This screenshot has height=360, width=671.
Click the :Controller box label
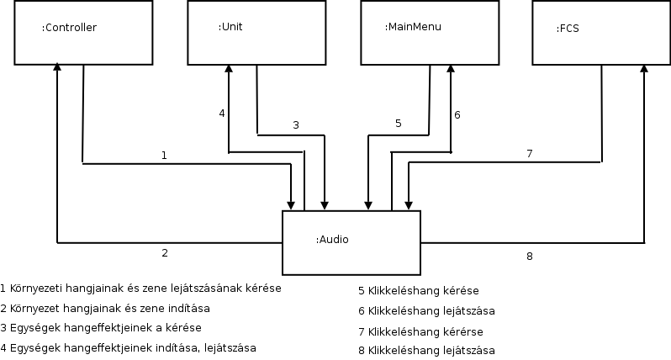70,28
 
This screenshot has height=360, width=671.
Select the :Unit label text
230,27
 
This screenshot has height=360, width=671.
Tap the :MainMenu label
413,27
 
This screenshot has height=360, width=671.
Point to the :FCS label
568,28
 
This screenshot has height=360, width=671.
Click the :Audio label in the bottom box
332,240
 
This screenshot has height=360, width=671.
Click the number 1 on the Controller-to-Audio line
164,155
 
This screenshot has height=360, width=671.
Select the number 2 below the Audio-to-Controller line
165,252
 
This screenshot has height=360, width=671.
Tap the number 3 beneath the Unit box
295,125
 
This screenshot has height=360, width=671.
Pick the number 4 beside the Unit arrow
222,113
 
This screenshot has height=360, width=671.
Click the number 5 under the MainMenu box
399,124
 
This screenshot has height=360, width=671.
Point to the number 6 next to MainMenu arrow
457,114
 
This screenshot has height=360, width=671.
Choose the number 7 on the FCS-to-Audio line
529,153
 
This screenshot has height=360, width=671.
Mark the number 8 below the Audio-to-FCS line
529,257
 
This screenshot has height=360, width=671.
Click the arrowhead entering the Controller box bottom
56,68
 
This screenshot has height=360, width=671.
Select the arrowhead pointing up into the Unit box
228,68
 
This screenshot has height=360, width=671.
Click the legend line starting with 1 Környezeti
141,288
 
